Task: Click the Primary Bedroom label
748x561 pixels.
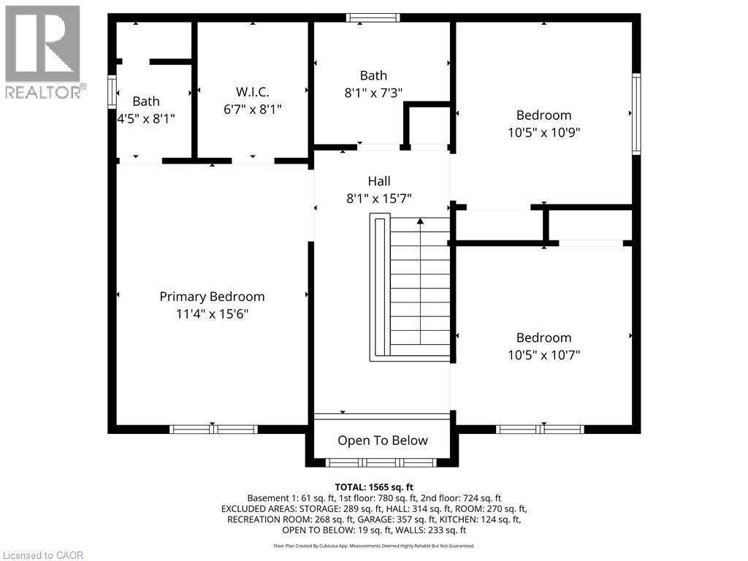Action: pos(212,297)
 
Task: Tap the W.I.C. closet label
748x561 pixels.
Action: pos(252,92)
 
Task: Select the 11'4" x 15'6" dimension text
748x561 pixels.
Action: pos(213,314)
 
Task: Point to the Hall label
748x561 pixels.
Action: pos(379,181)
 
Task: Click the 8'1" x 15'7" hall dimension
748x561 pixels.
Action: pos(379,199)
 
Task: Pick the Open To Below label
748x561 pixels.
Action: pos(383,440)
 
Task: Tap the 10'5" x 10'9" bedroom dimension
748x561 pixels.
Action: pos(543,132)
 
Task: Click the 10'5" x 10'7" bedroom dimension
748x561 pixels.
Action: pos(543,355)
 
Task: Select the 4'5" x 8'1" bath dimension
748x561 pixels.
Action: pos(146,118)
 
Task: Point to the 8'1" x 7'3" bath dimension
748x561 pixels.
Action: pos(373,93)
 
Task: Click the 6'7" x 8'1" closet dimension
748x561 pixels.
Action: pos(252,110)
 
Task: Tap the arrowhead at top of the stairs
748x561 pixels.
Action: pos(420,221)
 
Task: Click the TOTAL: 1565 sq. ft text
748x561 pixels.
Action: pos(374,487)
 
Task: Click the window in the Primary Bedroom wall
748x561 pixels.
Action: pos(214,430)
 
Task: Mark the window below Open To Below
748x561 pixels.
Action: pos(381,462)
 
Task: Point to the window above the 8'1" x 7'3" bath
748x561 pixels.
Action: pos(373,18)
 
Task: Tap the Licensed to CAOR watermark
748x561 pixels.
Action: pos(43,555)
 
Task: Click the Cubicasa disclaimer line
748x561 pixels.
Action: pos(374,546)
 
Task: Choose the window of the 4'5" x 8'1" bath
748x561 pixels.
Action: pos(112,91)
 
